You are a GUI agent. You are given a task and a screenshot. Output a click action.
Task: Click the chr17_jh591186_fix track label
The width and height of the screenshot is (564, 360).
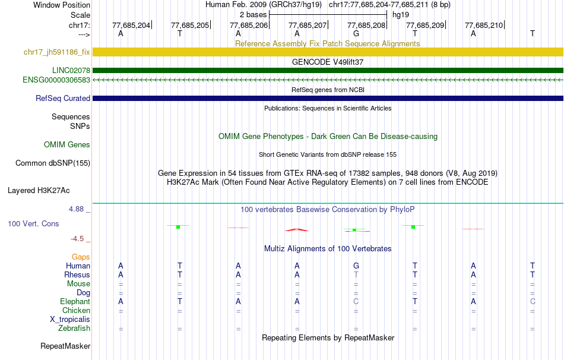(57, 52)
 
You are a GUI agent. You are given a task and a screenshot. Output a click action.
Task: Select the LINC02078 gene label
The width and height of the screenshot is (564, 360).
(71, 70)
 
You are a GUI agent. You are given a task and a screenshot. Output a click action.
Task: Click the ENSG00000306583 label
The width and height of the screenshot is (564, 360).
(56, 80)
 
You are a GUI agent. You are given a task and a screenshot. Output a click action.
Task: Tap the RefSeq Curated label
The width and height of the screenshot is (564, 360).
(63, 98)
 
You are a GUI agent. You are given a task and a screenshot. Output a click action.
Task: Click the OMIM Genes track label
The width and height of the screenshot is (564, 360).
(67, 144)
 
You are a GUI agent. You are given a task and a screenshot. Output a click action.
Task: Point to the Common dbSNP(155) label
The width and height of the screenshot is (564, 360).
(53, 163)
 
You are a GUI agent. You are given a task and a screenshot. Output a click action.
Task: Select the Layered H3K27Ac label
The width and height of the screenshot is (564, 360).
(39, 190)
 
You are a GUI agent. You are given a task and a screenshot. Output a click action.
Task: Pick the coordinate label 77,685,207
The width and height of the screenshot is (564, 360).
(308, 25)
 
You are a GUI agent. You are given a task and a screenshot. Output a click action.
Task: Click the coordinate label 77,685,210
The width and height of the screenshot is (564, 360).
(484, 25)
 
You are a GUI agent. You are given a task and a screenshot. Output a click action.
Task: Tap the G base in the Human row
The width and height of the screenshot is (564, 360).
(356, 266)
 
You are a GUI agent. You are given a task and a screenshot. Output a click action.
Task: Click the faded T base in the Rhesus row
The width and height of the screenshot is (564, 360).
(356, 274)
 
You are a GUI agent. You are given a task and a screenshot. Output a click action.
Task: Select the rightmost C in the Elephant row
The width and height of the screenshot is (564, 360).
(533, 301)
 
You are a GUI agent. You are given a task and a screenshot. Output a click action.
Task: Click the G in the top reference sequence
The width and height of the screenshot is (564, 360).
(356, 33)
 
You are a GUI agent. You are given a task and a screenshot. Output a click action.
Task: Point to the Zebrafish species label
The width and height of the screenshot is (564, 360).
(74, 328)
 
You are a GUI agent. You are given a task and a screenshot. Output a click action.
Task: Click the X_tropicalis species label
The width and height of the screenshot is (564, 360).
(70, 319)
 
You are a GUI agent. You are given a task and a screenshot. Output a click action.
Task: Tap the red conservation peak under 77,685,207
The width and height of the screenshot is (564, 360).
(297, 230)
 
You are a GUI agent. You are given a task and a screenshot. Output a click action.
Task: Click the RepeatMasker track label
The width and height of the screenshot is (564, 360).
(65, 346)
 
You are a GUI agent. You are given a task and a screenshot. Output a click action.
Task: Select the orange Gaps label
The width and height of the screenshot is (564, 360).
(81, 257)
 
